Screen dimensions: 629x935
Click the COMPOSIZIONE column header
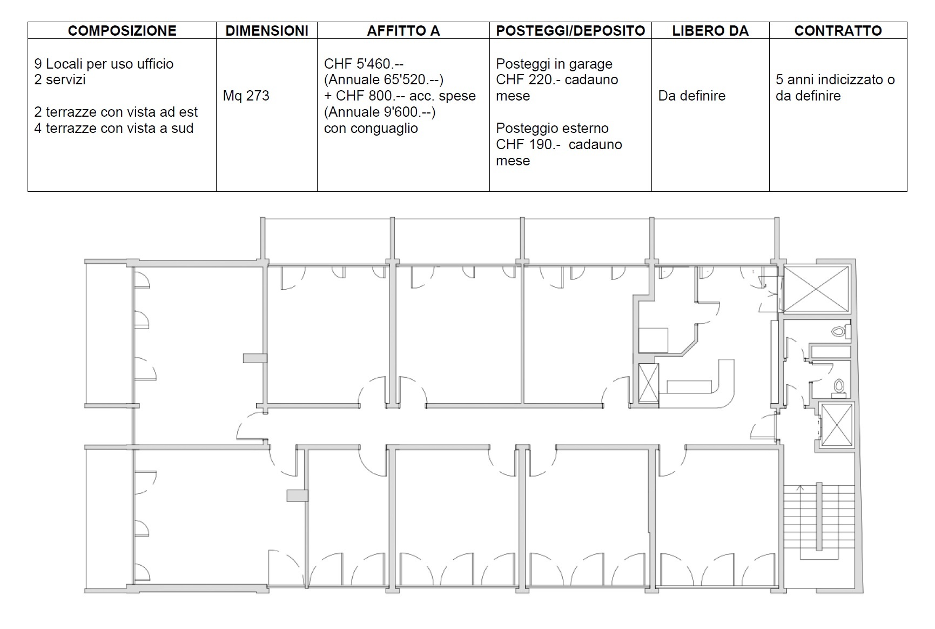pyautogui.click(x=122, y=31)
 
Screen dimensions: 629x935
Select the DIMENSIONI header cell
pyautogui.click(x=267, y=31)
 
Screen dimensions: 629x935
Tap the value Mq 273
pyautogui.click(x=246, y=96)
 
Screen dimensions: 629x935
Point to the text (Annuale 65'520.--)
pyautogui.click(x=384, y=80)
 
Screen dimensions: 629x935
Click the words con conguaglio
pyautogui.click(x=371, y=128)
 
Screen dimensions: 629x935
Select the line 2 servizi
pyautogui.click(x=60, y=80)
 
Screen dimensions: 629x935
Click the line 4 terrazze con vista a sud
pyautogui.click(x=114, y=128)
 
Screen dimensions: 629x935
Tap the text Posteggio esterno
pyautogui.click(x=552, y=128)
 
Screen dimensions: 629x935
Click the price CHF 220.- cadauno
pyautogui.click(x=557, y=80)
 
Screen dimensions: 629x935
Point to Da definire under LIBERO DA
pyautogui.click(x=691, y=96)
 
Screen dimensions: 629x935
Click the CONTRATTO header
pyautogui.click(x=838, y=31)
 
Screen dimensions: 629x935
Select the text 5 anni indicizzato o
pyautogui.click(x=835, y=80)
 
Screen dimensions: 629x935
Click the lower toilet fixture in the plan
pyautogui.click(x=839, y=386)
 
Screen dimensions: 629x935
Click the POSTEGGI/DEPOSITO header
pyautogui.click(x=570, y=31)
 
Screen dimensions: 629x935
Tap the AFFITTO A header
pyautogui.click(x=403, y=31)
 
